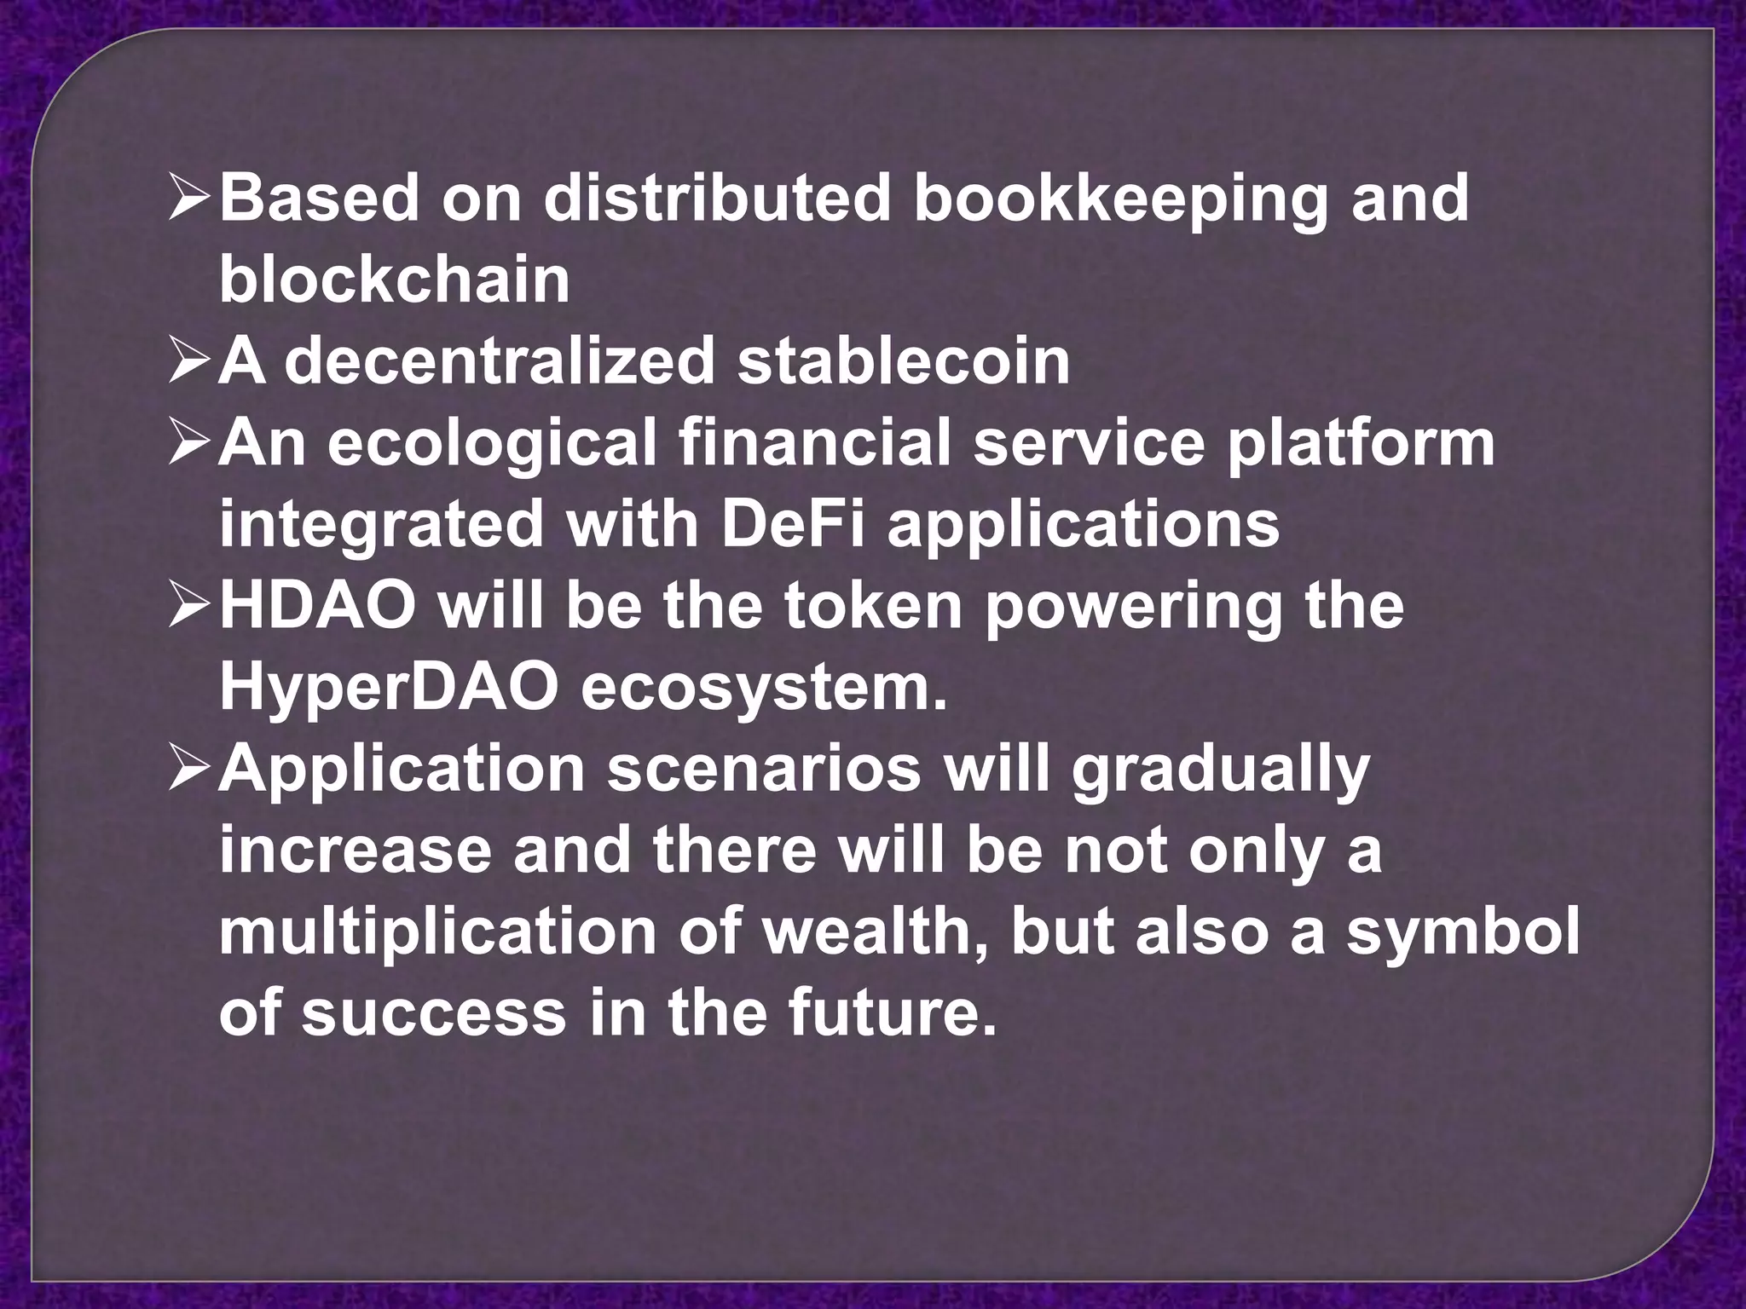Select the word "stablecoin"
(x=904, y=360)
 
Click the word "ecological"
(x=492, y=444)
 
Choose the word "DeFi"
(x=792, y=523)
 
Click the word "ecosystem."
(x=765, y=687)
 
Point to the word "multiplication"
(x=437, y=931)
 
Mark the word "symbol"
(x=1463, y=931)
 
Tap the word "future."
(x=891, y=1012)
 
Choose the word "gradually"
(x=1220, y=769)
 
